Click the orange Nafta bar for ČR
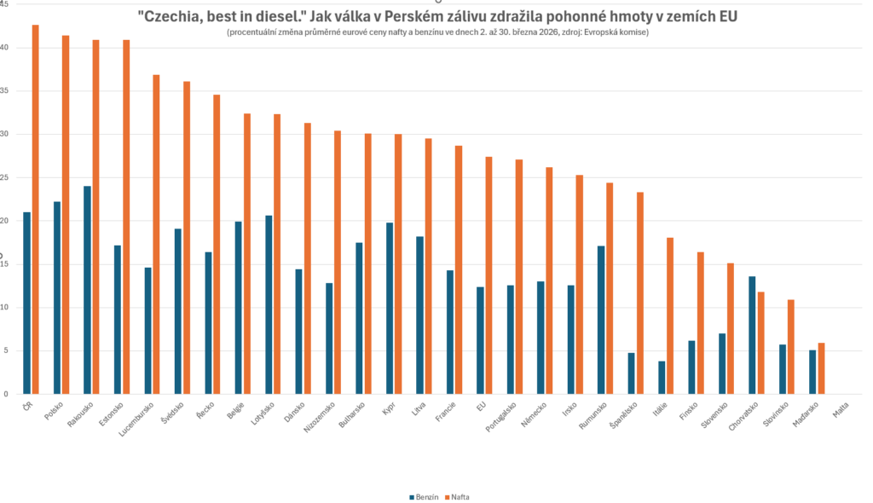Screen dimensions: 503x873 coord(36,209)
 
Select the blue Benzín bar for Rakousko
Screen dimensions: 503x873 coord(87,290)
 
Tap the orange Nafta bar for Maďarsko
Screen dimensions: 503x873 coord(821,368)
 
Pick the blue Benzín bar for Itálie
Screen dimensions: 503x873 coord(662,378)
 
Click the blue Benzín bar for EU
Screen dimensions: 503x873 coord(480,340)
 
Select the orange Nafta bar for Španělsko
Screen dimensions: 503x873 coord(640,292)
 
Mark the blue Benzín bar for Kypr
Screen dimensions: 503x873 coord(389,308)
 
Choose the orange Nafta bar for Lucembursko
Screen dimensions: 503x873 coord(156,234)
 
